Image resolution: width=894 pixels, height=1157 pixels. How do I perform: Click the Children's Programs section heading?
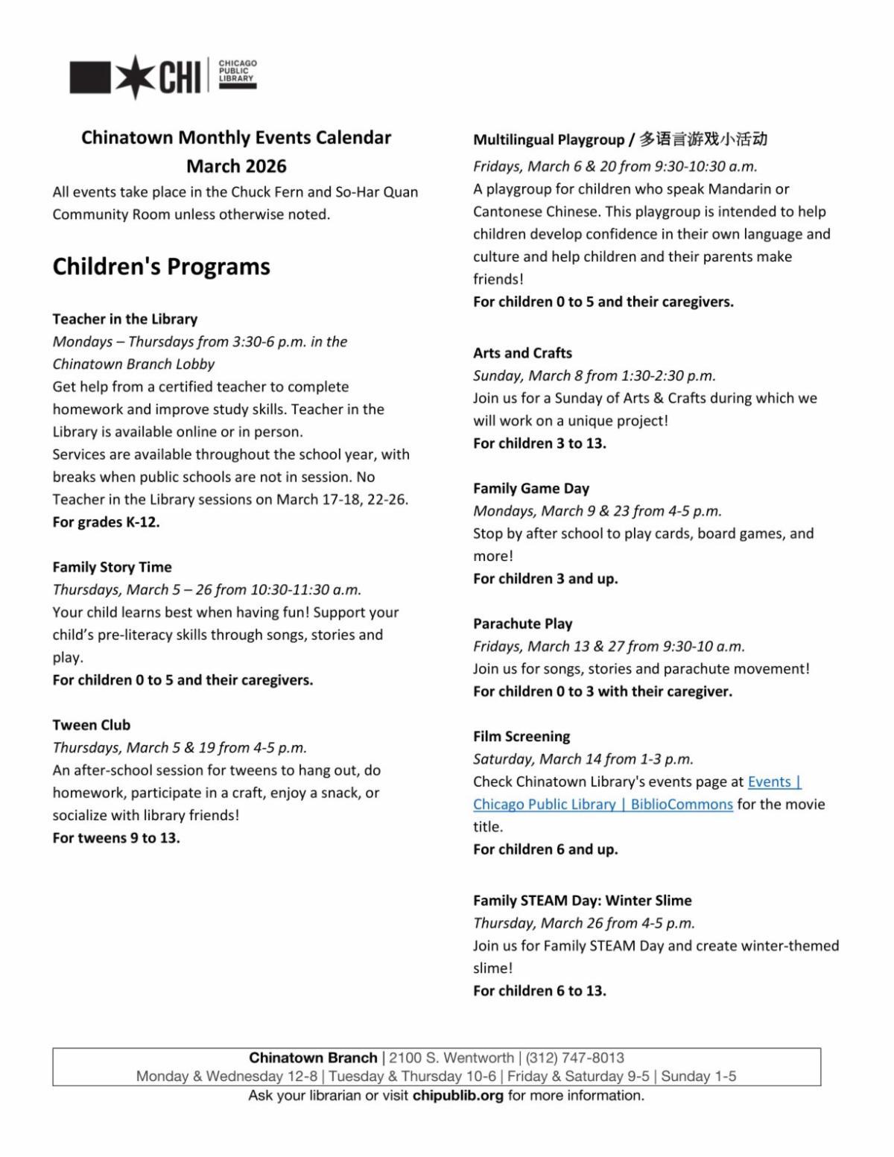click(161, 267)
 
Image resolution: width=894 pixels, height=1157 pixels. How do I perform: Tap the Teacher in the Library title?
click(124, 319)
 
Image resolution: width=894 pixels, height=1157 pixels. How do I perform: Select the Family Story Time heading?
click(112, 567)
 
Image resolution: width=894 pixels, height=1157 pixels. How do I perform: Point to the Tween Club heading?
click(91, 725)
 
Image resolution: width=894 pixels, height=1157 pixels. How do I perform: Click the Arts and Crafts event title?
click(522, 353)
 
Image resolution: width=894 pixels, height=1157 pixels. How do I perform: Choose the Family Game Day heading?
click(530, 489)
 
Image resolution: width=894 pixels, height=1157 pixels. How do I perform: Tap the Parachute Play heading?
click(522, 624)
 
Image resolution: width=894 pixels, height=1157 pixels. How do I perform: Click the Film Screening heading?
click(521, 737)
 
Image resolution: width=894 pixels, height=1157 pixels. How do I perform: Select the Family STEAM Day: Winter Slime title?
click(582, 901)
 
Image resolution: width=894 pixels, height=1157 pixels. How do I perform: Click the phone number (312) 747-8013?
click(574, 1058)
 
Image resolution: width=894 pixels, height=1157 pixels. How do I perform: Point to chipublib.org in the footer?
click(457, 1096)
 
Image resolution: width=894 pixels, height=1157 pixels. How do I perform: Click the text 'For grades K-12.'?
click(106, 522)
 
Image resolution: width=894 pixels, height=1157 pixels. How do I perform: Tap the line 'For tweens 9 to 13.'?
click(115, 838)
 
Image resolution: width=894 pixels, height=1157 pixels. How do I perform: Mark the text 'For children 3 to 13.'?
click(539, 443)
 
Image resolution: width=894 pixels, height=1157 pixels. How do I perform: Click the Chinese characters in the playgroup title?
click(703, 139)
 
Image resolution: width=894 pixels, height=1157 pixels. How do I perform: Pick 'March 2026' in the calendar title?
click(236, 166)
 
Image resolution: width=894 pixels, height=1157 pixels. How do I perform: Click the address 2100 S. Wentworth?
click(451, 1058)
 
